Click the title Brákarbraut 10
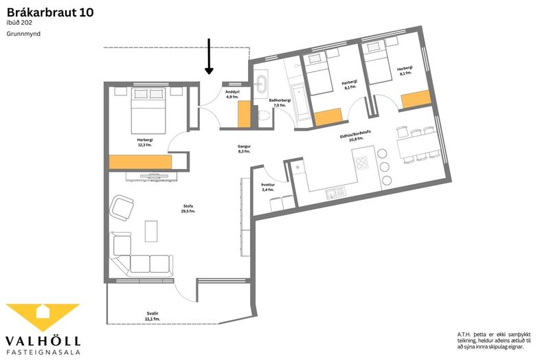[50, 13]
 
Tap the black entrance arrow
[209, 56]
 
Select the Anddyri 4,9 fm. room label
[232, 94]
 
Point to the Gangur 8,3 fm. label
[244, 149]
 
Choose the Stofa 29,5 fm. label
[188, 209]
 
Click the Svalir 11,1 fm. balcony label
[153, 316]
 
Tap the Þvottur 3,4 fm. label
[267, 187]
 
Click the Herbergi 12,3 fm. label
[145, 143]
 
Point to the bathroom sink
[262, 85]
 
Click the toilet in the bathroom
[263, 115]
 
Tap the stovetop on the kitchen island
[361, 163]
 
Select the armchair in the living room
[122, 207]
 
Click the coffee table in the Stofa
[151, 231]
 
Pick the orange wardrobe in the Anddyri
[244, 114]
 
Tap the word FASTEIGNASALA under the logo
[43, 352]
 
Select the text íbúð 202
[19, 23]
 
